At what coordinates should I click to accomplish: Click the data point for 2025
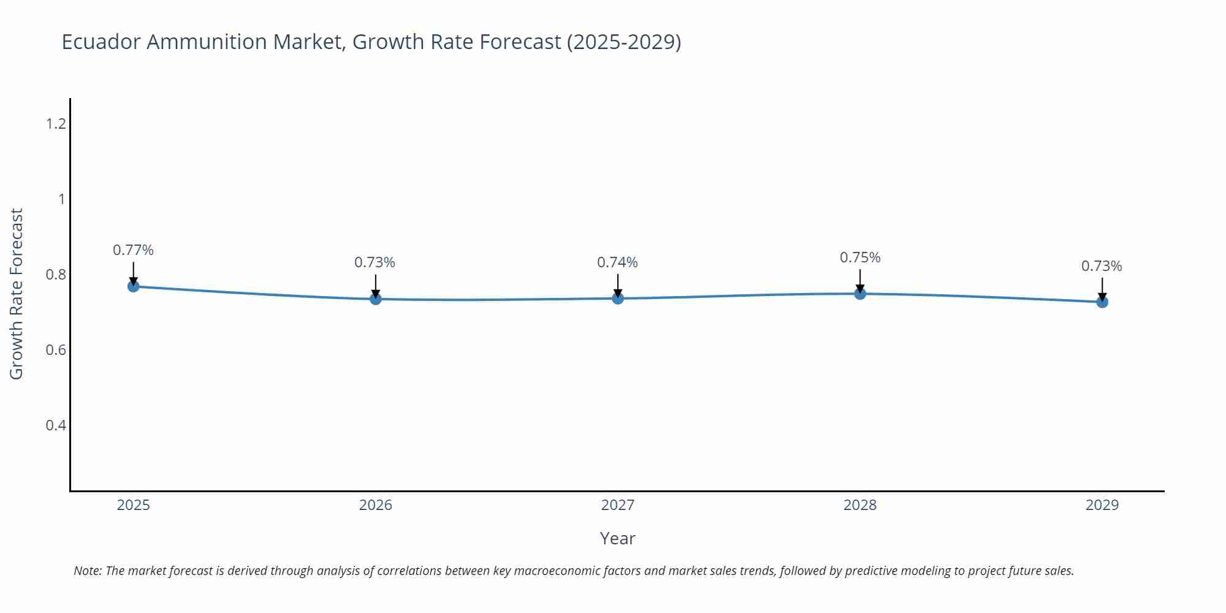pos(133,286)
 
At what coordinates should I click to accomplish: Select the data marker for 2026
pos(376,299)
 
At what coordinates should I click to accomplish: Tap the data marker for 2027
pos(618,298)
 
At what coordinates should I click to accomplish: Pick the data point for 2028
pos(860,294)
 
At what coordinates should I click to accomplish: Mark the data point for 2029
pos(1102,302)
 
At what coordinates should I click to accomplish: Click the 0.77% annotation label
pos(133,250)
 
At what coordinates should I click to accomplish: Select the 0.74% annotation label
pos(617,262)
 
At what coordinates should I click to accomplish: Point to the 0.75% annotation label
pos(860,257)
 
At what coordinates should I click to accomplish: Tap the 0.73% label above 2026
pos(375,262)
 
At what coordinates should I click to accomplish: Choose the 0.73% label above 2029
pos(1102,266)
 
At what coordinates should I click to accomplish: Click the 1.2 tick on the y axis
pos(56,124)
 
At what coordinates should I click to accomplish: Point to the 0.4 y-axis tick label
pos(56,425)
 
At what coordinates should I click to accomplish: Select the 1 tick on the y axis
pos(61,199)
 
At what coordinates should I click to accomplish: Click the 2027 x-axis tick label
pos(618,505)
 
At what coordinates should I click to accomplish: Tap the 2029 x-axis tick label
pos(1102,505)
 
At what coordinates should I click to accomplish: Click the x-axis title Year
pos(617,538)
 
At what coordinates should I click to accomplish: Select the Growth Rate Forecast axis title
pos(17,294)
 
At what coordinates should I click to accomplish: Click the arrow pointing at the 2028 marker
pos(860,281)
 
